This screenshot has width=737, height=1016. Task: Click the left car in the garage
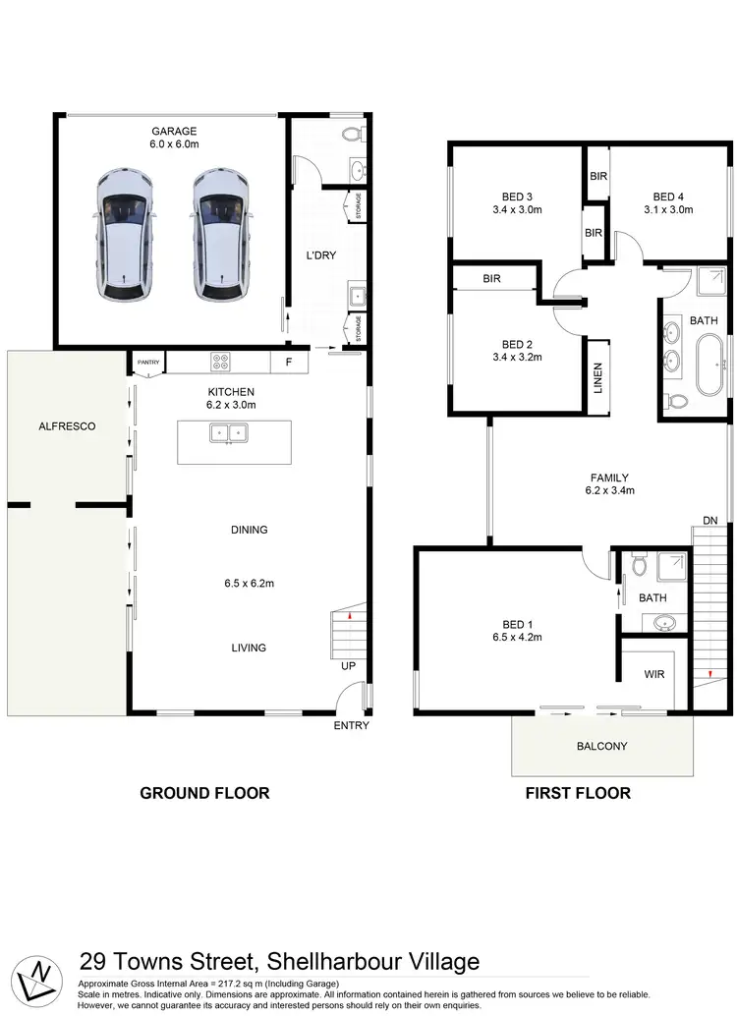pyautogui.click(x=126, y=234)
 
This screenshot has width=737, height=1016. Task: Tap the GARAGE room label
pyautogui.click(x=173, y=131)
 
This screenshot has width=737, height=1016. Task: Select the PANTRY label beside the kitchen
pyautogui.click(x=147, y=363)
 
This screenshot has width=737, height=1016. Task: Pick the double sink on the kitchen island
pyautogui.click(x=228, y=432)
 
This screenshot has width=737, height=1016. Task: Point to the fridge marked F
pyautogui.click(x=288, y=363)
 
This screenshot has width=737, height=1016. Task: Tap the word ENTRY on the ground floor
pyautogui.click(x=352, y=726)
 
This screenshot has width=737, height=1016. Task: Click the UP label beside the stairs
pyautogui.click(x=349, y=665)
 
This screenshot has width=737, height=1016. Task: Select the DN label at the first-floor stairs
pyautogui.click(x=709, y=519)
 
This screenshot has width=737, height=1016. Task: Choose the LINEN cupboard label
pyautogui.click(x=597, y=378)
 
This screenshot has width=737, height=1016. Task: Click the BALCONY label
pyautogui.click(x=600, y=746)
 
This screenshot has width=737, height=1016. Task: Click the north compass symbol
pyautogui.click(x=39, y=975)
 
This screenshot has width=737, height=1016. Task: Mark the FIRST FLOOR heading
pyautogui.click(x=578, y=793)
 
